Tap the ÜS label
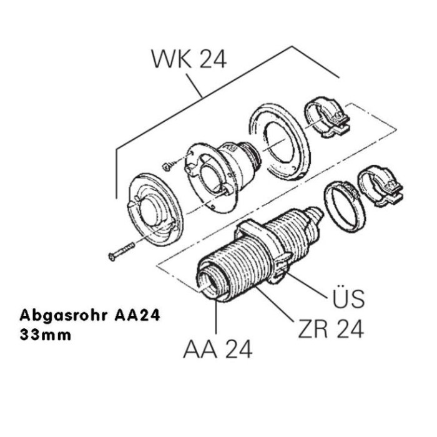click(346, 298)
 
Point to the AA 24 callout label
click(218, 350)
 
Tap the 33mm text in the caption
click(46, 334)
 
